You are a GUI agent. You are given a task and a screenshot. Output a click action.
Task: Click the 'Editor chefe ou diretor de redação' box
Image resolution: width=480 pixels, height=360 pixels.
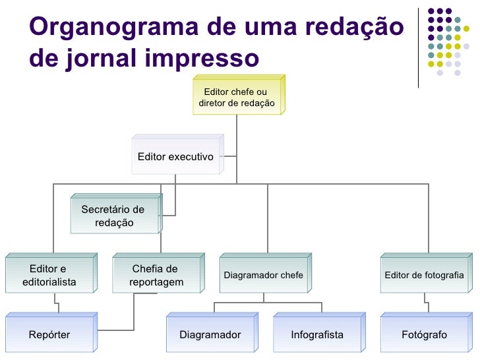[x=237, y=98]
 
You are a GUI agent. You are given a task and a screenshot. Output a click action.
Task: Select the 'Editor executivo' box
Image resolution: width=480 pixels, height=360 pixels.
[x=175, y=157]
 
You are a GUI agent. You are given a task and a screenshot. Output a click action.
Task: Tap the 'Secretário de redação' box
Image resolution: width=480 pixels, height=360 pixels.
[x=114, y=216]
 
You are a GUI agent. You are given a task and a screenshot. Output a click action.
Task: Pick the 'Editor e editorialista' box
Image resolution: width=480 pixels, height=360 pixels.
[x=49, y=276]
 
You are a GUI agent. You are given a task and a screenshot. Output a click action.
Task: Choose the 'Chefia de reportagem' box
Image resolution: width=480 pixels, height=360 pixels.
[x=156, y=276]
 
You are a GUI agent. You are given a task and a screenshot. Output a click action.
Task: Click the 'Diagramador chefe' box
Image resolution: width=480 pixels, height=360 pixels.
[x=264, y=275]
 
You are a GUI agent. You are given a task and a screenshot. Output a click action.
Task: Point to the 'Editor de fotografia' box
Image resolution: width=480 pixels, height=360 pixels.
[x=424, y=275]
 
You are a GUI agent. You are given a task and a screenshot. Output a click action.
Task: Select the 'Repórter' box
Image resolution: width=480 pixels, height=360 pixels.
[x=49, y=335]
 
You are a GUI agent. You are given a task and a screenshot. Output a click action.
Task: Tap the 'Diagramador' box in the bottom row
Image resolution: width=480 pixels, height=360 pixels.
[x=210, y=335]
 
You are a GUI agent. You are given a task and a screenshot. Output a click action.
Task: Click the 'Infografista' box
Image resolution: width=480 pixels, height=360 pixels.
[x=317, y=335]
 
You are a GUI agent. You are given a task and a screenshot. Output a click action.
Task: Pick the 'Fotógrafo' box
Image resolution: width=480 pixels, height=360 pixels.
[x=424, y=335]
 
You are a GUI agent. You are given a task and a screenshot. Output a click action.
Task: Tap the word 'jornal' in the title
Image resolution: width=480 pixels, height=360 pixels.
[x=100, y=59]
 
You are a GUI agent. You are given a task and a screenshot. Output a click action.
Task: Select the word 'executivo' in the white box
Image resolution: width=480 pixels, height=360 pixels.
[x=191, y=157]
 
